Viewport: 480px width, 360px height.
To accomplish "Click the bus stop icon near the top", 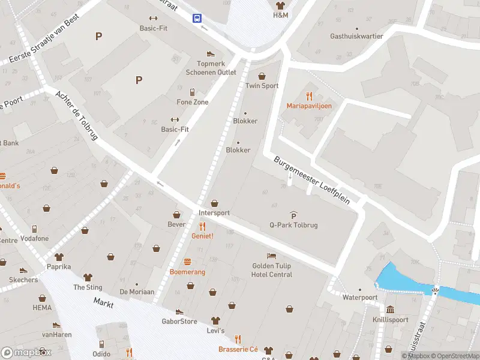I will (196, 19).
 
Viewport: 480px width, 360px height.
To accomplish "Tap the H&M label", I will (280, 14).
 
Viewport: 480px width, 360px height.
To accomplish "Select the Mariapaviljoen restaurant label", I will (309, 106).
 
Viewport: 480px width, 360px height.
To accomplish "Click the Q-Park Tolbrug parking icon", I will (293, 215).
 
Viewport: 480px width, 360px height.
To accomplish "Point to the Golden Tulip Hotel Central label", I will (272, 270).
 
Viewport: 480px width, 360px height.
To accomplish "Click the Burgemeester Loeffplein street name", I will (311, 181).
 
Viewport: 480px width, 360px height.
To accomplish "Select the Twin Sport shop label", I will (262, 86).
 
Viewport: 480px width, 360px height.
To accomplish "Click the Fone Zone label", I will (193, 102).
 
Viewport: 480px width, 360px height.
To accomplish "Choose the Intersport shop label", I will (214, 212).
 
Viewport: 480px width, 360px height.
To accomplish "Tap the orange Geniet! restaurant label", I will (202, 236).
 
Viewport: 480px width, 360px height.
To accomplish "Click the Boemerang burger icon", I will (188, 262).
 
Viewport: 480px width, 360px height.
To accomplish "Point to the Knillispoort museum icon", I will (390, 310).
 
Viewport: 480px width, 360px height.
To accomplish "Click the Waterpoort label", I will (360, 297).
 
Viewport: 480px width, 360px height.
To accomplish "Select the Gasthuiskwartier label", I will (356, 36).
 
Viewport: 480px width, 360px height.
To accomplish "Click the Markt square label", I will (103, 304).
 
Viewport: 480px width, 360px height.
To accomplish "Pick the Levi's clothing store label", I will (215, 331).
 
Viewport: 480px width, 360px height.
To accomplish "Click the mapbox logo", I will (26, 352).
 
